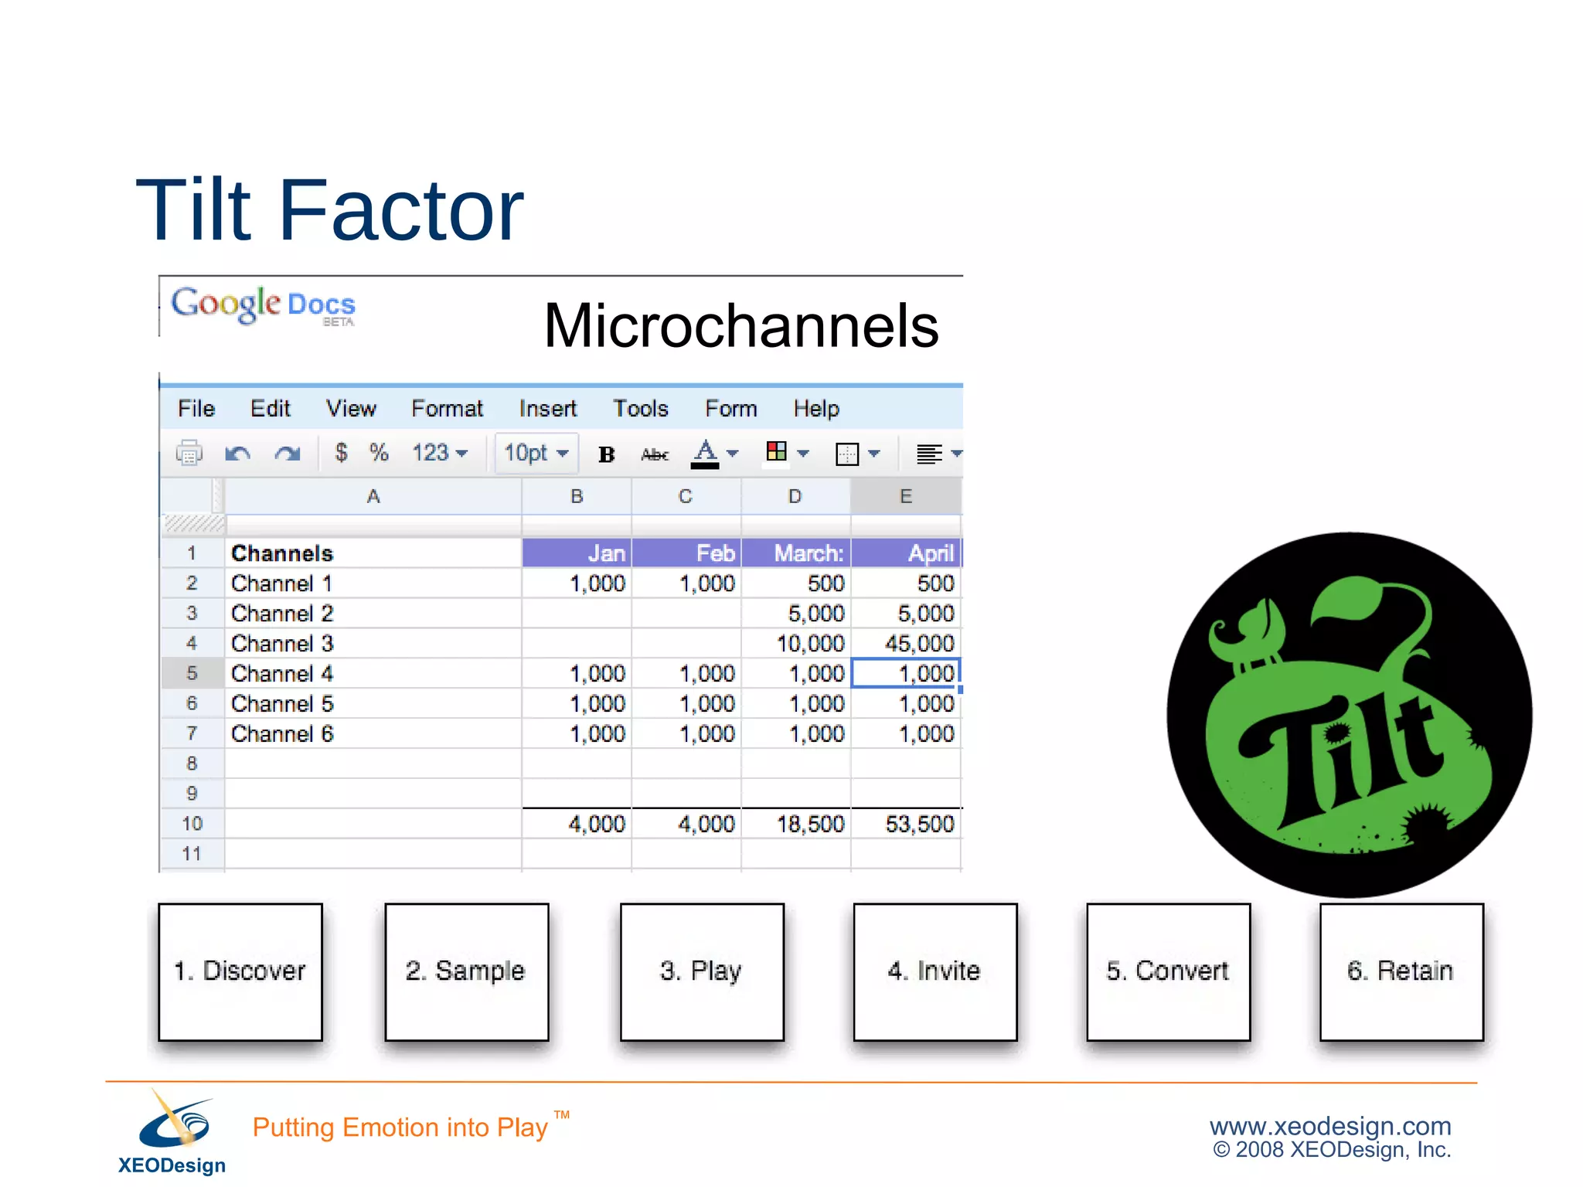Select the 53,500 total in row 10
tap(919, 824)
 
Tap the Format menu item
tap(447, 408)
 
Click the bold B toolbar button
tap(606, 454)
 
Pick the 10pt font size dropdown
tap(536, 453)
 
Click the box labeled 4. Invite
tap(934, 971)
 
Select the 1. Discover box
tap(240, 971)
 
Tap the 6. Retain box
tap(1401, 971)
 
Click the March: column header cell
tap(808, 553)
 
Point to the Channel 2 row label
tap(282, 614)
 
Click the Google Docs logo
tap(263, 305)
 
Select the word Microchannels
tap(740, 326)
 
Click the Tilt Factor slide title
tap(330, 210)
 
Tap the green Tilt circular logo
tap(1349, 714)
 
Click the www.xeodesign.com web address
tap(1329, 1125)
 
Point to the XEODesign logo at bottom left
tap(172, 1132)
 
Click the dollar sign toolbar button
tap(341, 452)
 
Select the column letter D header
tap(795, 496)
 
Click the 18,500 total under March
tap(810, 824)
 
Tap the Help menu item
tap(815, 408)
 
